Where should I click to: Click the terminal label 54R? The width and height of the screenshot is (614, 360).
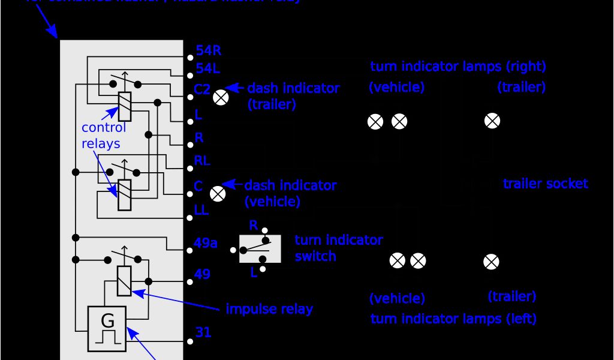pyautogui.click(x=209, y=51)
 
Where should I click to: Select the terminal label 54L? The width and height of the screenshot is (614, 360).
pyautogui.click(x=208, y=68)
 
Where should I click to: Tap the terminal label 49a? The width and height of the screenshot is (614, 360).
pyautogui.click(x=206, y=243)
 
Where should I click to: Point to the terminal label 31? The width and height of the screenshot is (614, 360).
pyautogui.click(x=203, y=332)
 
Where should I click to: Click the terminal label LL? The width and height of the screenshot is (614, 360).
pyautogui.click(x=201, y=210)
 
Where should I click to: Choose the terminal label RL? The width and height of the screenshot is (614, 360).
pyautogui.click(x=202, y=161)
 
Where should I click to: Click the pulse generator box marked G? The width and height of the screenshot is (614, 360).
pyautogui.click(x=107, y=329)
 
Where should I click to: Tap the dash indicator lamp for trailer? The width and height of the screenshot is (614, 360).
pyautogui.click(x=221, y=98)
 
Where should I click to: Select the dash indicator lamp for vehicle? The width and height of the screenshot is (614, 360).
pyautogui.click(x=218, y=193)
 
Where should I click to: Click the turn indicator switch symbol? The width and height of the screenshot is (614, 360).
pyautogui.click(x=260, y=248)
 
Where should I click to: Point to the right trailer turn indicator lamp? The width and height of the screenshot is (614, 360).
pyautogui.click(x=492, y=121)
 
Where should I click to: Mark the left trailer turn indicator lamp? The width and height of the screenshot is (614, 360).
pyautogui.click(x=491, y=262)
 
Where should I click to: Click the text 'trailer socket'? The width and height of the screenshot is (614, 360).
pyautogui.click(x=545, y=184)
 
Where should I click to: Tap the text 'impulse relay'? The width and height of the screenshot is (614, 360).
pyautogui.click(x=269, y=309)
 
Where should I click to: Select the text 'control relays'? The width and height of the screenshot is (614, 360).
pyautogui.click(x=103, y=136)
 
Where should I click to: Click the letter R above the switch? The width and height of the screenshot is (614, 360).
pyautogui.click(x=254, y=226)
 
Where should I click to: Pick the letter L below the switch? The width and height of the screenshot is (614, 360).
pyautogui.click(x=254, y=272)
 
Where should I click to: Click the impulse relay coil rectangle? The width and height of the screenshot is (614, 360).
pyautogui.click(x=124, y=281)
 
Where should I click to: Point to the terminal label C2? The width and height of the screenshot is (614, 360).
pyautogui.click(x=202, y=89)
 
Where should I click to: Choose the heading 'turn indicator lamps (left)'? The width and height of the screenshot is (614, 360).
pyautogui.click(x=453, y=319)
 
